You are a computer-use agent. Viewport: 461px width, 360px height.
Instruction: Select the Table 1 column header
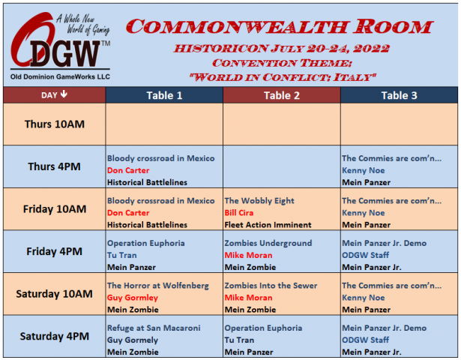[x=164, y=95]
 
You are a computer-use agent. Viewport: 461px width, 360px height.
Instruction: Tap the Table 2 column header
[x=282, y=95]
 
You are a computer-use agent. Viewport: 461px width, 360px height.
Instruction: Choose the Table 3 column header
[x=399, y=95]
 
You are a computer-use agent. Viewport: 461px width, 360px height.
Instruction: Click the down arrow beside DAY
[x=64, y=94]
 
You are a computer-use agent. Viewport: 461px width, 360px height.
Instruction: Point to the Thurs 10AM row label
[x=55, y=124]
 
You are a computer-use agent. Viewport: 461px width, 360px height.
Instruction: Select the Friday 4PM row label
[x=55, y=251]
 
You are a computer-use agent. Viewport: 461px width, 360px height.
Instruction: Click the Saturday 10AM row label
[x=55, y=294]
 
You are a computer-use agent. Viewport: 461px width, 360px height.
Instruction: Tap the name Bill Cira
[x=238, y=213]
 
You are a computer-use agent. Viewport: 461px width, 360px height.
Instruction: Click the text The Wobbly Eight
[x=259, y=200]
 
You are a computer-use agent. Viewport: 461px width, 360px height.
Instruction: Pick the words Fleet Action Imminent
[x=268, y=225]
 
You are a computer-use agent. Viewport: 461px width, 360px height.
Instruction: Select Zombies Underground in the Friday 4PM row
[x=268, y=243]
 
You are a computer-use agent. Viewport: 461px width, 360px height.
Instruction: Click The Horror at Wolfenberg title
[x=158, y=286]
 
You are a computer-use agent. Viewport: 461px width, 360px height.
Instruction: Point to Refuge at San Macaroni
[x=154, y=328]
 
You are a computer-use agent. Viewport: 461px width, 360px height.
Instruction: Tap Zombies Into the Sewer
[x=271, y=286]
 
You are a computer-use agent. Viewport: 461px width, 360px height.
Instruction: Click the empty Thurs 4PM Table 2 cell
[x=282, y=166]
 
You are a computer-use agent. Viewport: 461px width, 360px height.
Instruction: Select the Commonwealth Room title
[x=280, y=26]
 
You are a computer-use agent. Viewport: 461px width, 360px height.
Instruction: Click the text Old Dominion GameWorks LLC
[x=60, y=76]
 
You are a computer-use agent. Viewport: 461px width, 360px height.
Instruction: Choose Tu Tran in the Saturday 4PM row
[x=239, y=340]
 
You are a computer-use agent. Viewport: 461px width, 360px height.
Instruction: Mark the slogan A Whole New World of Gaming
[x=83, y=25]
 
